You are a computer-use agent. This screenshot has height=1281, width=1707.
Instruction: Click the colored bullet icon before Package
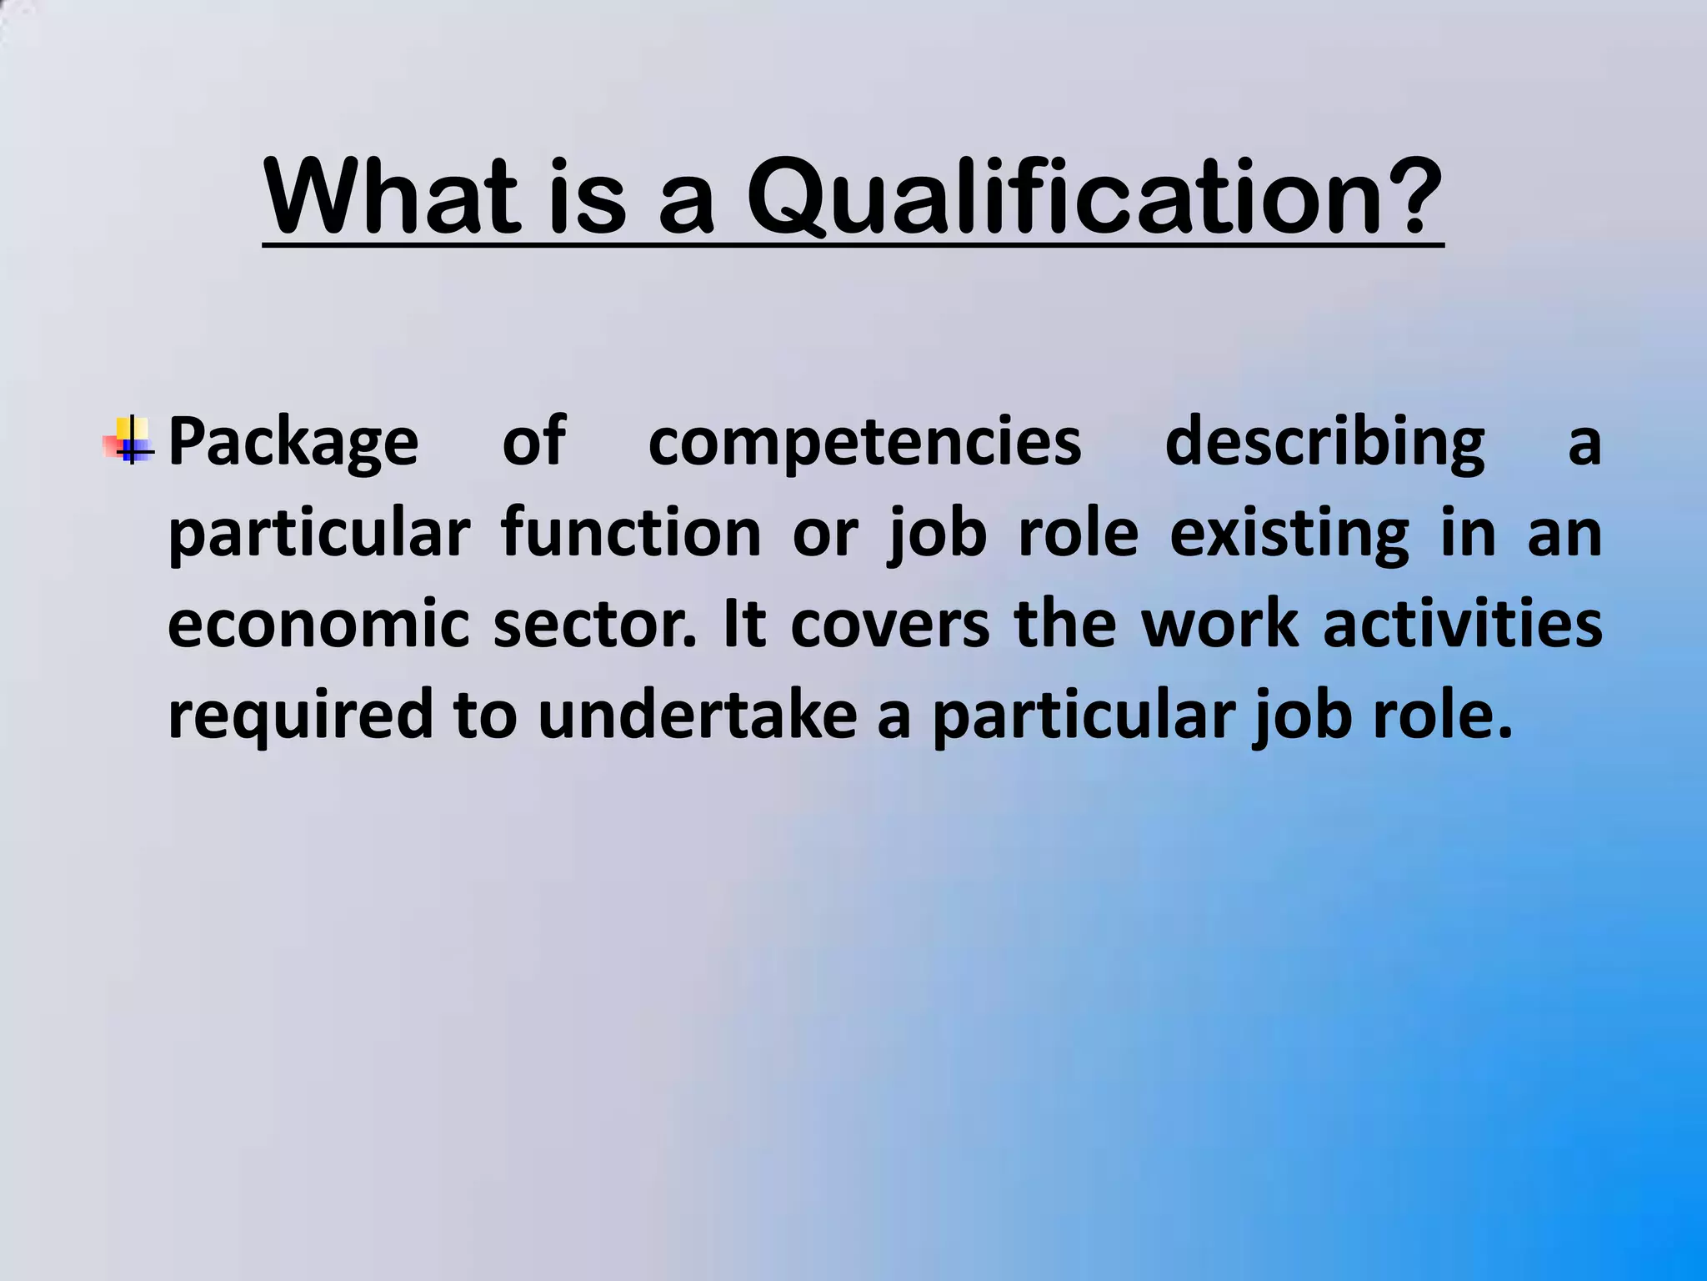(129, 440)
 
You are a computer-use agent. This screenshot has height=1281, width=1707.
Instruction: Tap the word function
(631, 534)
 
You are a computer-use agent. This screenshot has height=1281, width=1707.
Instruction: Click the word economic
(318, 625)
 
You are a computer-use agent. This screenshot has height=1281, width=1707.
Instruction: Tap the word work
(1219, 625)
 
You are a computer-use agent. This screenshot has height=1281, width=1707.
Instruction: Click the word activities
(1463, 625)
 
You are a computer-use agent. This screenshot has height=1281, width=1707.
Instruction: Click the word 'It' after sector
(744, 625)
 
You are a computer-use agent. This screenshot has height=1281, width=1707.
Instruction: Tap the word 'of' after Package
(533, 442)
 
